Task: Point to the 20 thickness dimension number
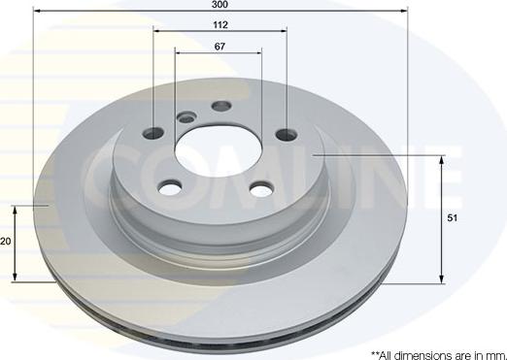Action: coord(5,243)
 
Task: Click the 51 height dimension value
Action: coord(452,219)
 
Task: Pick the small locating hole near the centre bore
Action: coord(186,117)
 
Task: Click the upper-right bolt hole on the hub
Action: coord(286,134)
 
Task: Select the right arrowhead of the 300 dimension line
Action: coord(404,12)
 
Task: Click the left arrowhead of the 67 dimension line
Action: coord(178,55)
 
